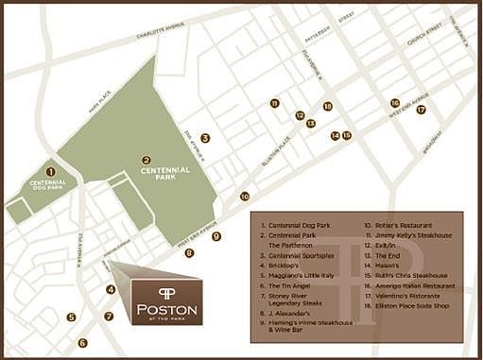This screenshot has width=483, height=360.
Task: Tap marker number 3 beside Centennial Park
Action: point(205,138)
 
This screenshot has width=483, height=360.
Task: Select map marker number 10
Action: point(245,197)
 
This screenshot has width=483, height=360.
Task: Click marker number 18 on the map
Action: point(327,107)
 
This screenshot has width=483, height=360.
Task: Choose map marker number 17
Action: point(421,110)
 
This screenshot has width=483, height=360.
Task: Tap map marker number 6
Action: point(82,343)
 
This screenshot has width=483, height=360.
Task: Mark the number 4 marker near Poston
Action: point(111,290)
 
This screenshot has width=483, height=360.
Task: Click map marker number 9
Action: point(216,236)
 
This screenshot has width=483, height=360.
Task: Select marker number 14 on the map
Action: point(335,135)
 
